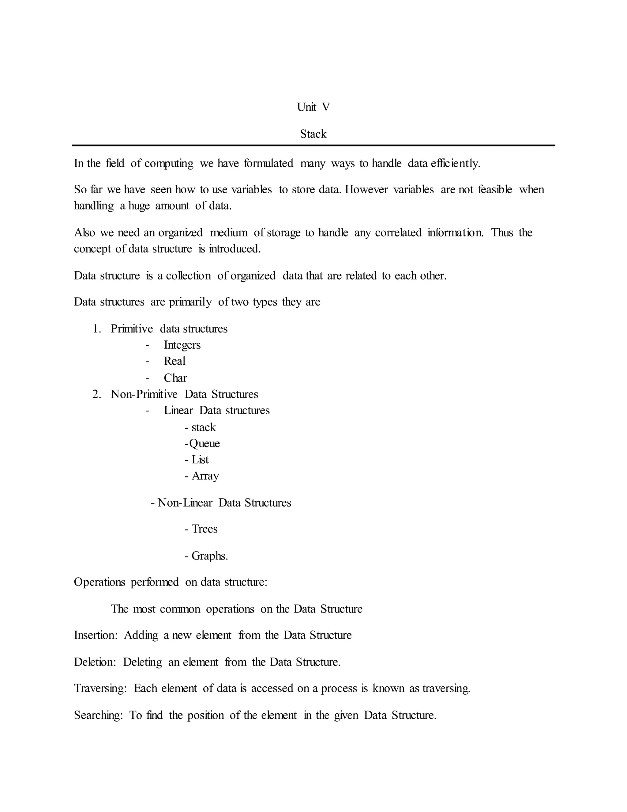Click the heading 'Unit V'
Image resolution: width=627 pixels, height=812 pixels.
[x=313, y=107]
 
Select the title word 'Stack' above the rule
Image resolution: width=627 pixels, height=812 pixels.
[x=313, y=134]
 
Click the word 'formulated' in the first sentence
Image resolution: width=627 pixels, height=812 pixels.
[x=268, y=163]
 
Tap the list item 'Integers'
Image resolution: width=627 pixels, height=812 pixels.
[x=182, y=345]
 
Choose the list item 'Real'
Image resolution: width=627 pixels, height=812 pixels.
[x=175, y=361]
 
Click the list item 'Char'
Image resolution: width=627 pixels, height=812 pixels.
[x=175, y=378]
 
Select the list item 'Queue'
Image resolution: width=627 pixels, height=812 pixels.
[x=204, y=444]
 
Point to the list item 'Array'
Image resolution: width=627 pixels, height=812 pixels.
[x=205, y=476]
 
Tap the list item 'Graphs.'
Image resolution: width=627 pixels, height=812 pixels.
[x=209, y=556]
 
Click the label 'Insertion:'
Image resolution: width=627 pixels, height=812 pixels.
[x=96, y=635]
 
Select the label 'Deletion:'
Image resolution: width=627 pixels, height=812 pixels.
[x=95, y=662]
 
